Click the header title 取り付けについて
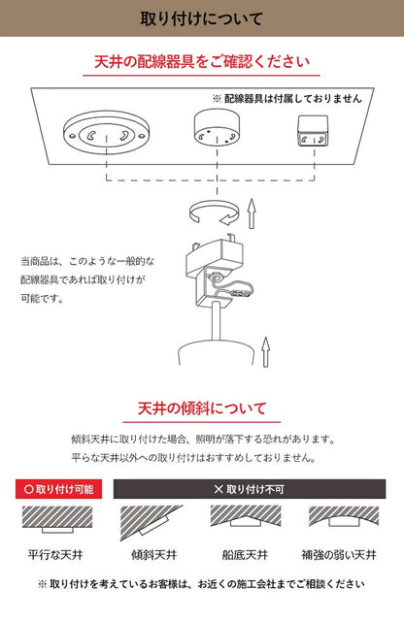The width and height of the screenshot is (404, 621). pos(202,18)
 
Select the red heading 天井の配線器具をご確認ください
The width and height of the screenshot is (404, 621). pos(202,63)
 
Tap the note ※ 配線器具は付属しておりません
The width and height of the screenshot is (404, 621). pos(286,99)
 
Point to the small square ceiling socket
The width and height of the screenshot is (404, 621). pos(312,132)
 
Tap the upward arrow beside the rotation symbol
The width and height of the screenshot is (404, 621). pos(250,208)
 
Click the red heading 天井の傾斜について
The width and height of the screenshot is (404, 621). pos(202,409)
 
